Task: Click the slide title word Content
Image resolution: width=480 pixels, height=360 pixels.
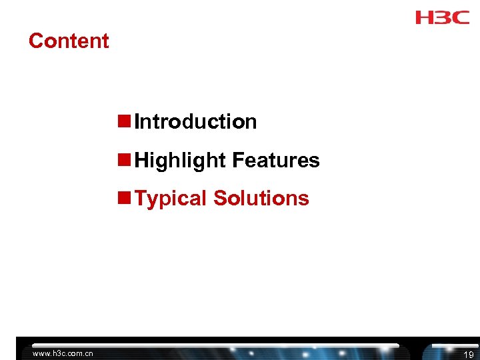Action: [69, 41]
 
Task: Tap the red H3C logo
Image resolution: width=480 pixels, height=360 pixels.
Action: [443, 17]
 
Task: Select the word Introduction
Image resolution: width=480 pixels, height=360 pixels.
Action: [195, 122]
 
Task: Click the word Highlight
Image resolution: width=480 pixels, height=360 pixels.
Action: [180, 161]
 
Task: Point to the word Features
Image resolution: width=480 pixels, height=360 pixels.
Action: [276, 161]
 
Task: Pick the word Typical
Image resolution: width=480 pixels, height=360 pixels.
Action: [171, 199]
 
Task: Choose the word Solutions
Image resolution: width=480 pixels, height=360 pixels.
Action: [261, 198]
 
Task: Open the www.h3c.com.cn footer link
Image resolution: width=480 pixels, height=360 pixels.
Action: [63, 353]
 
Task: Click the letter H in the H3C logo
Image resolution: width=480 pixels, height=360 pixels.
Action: [425, 17]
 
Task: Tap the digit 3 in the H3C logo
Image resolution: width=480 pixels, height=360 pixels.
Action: [443, 17]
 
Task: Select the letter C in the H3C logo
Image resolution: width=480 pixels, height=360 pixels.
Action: [461, 17]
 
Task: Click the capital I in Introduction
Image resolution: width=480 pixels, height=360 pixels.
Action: [137, 122]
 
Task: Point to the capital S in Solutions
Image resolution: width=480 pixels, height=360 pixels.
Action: [221, 198]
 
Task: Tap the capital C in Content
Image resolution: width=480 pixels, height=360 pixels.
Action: [35, 41]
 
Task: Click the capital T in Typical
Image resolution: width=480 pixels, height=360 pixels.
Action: [141, 198]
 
